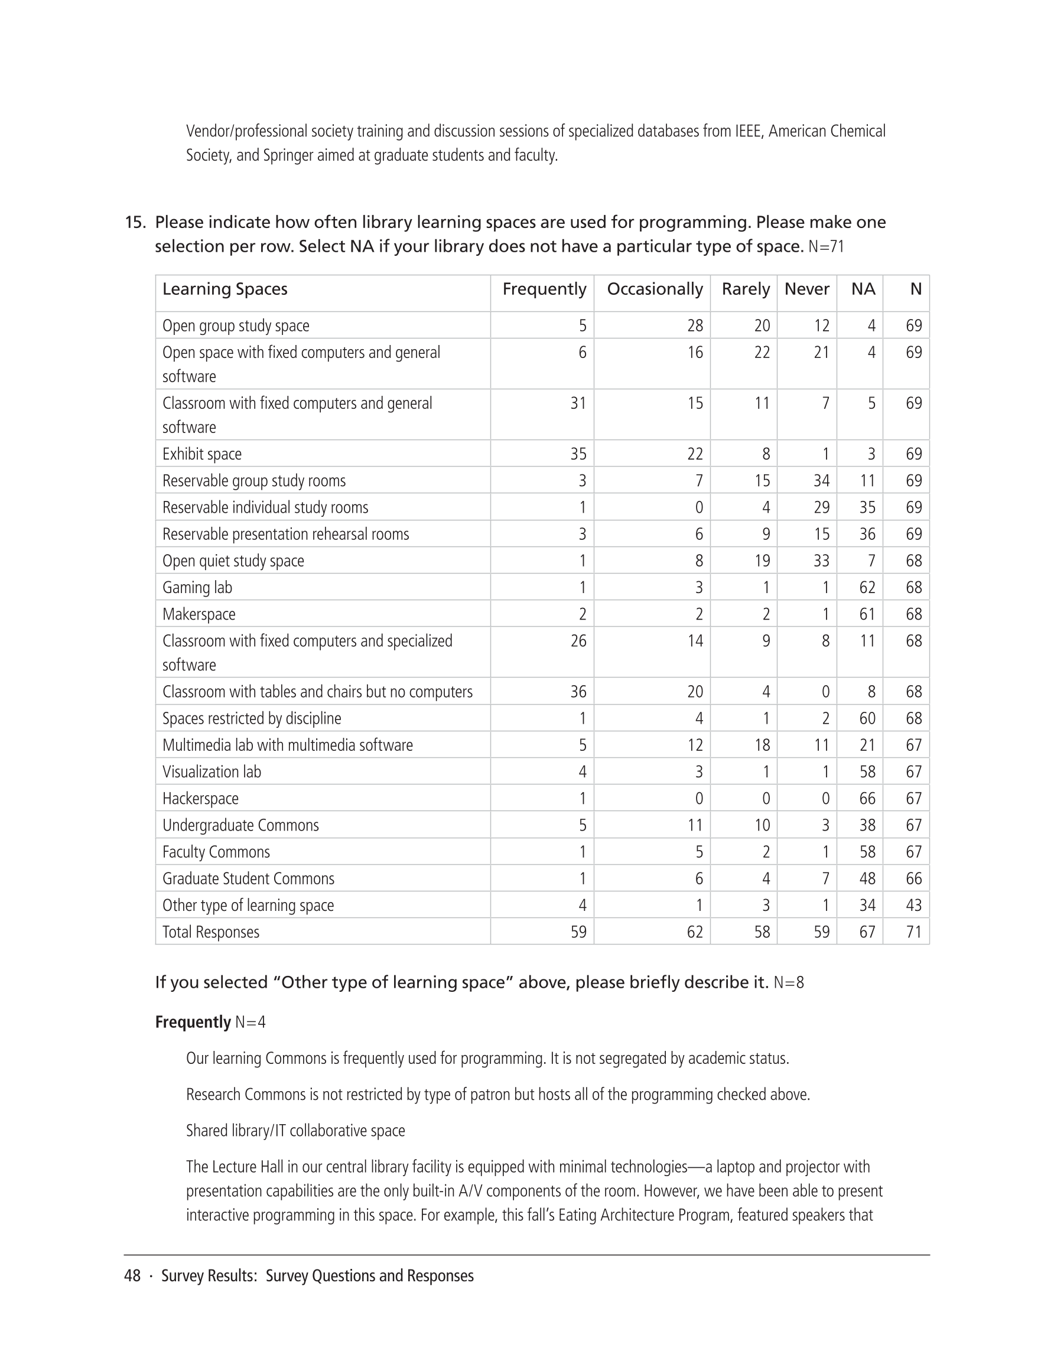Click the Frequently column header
(x=544, y=289)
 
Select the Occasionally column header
(x=654, y=289)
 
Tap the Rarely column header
(x=746, y=289)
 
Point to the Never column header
(x=806, y=289)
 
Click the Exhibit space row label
(x=202, y=454)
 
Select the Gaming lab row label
(x=197, y=588)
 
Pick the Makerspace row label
(x=199, y=614)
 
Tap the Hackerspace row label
(x=200, y=799)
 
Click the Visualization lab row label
(x=211, y=772)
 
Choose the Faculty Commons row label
(x=216, y=852)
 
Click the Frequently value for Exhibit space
(x=578, y=454)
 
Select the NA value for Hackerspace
(x=867, y=799)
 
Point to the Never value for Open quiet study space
(x=821, y=561)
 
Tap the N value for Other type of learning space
(x=913, y=906)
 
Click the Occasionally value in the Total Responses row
(x=694, y=932)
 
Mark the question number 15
(x=135, y=223)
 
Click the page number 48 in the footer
(x=132, y=1276)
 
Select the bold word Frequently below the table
(x=193, y=1023)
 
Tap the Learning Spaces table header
(x=225, y=289)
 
